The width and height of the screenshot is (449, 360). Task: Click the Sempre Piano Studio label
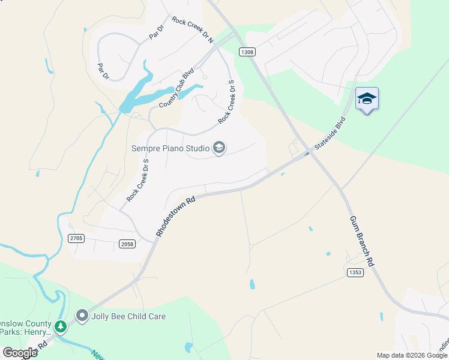click(x=170, y=148)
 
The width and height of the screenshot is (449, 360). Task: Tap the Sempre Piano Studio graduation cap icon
click(x=219, y=148)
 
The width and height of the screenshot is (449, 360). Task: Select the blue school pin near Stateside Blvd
click(x=367, y=98)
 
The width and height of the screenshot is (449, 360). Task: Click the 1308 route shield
click(x=247, y=52)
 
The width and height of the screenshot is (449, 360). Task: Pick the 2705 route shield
click(x=76, y=238)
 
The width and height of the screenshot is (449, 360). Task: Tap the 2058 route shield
click(x=127, y=243)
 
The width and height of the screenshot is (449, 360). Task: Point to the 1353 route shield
click(x=355, y=272)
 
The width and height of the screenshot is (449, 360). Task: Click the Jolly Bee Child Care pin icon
click(x=82, y=315)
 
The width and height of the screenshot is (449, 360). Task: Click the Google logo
click(x=20, y=353)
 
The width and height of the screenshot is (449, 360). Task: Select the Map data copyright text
click(x=412, y=355)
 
